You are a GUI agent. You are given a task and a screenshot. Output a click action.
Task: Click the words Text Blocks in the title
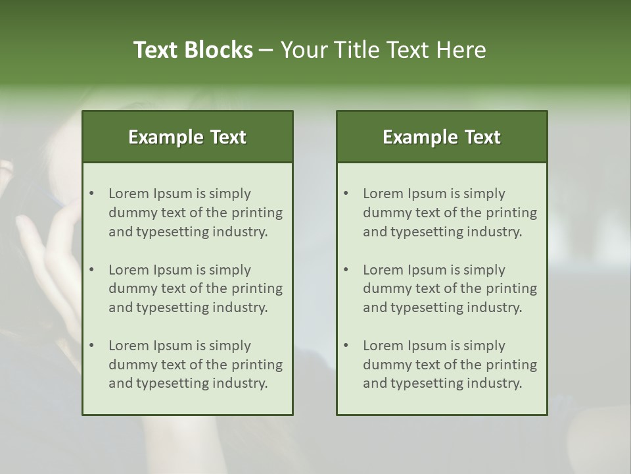coord(193,50)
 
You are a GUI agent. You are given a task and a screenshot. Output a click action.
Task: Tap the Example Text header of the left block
coord(187,137)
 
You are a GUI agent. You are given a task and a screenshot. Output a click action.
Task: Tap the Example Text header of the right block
coord(442,137)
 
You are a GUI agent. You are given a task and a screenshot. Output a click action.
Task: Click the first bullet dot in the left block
coord(91,194)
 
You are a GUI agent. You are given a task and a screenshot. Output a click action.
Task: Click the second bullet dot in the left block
coord(91,270)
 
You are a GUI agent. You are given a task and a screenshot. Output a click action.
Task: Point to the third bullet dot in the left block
coord(91,346)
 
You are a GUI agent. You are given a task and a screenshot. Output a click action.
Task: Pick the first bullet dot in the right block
coord(346,194)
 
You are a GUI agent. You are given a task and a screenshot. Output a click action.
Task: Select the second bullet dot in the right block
coord(346,270)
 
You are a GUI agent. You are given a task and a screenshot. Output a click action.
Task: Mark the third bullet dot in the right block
coord(346,346)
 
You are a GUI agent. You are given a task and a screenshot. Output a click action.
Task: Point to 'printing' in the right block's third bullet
coord(513,365)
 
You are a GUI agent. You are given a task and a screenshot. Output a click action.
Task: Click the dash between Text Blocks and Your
coord(266,50)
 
